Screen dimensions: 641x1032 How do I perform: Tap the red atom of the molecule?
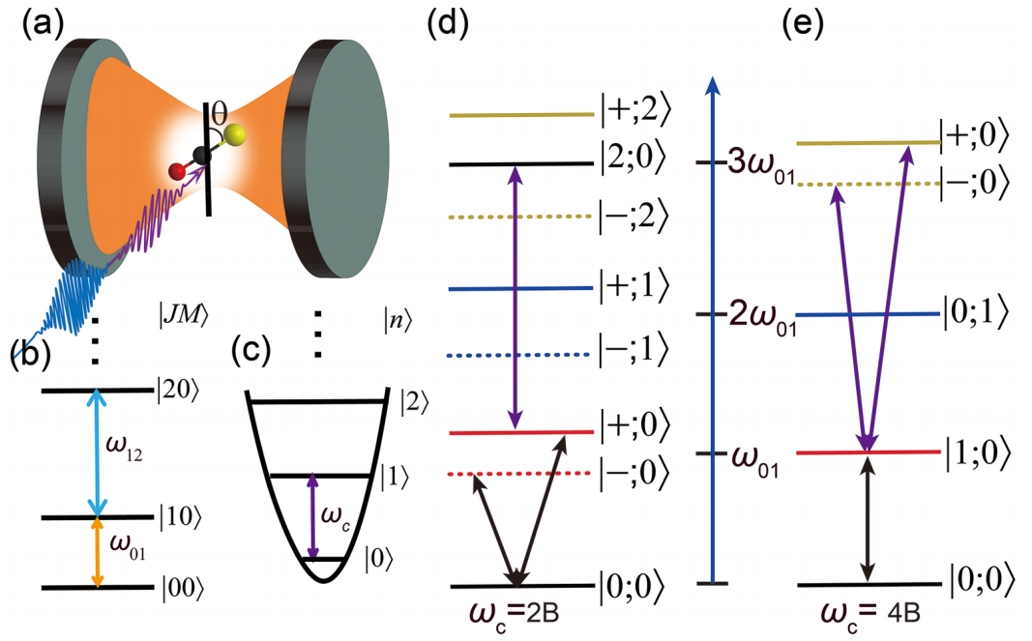[x=176, y=172]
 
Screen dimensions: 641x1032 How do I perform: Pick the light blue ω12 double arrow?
[x=97, y=453]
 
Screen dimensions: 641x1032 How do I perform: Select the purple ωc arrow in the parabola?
[x=311, y=516]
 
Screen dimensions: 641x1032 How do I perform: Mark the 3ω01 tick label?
[x=753, y=161]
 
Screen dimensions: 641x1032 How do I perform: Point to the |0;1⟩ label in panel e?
[x=978, y=312]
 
